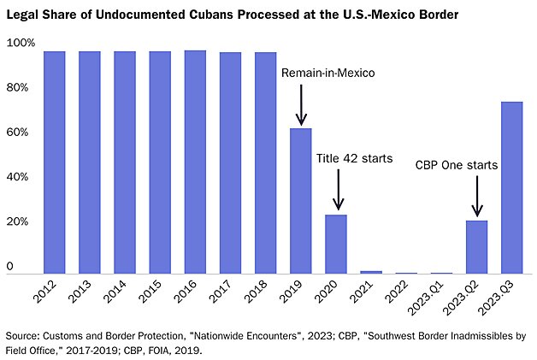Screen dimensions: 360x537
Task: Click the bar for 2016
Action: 195,162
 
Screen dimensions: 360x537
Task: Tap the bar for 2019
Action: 300,201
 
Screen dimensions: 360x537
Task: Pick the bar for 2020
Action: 336,244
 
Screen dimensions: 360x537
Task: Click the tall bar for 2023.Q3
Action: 511,187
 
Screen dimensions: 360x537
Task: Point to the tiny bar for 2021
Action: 371,271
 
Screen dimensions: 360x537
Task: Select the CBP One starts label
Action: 456,164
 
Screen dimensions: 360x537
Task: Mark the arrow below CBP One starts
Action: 476,197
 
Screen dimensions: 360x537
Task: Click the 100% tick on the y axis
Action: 21,43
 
